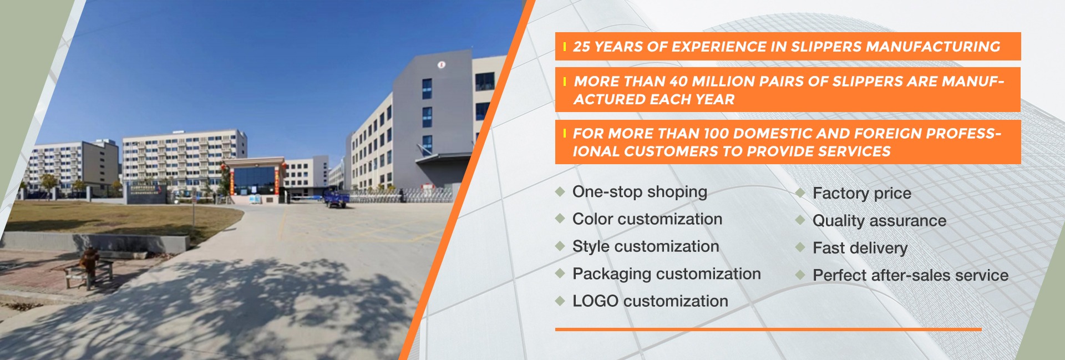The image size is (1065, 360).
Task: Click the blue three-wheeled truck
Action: click(x=336, y=199)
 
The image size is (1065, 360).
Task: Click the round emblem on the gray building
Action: click(x=442, y=65)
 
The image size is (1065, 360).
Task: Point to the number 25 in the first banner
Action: click(x=581, y=47)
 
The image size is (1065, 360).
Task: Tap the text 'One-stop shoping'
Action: click(x=640, y=192)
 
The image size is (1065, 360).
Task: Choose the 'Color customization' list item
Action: click(x=647, y=219)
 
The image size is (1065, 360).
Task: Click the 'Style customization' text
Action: click(x=646, y=246)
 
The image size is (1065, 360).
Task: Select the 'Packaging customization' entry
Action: click(x=667, y=274)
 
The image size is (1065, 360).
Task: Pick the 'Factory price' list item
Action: click(x=862, y=194)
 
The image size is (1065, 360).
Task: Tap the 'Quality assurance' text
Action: click(x=879, y=221)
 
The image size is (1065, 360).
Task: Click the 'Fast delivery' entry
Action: click(x=860, y=248)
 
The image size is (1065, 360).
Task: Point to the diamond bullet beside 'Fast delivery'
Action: click(x=800, y=247)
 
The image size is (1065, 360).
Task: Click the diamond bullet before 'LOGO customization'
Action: click(x=560, y=301)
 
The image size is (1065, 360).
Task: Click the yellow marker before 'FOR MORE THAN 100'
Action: click(x=564, y=134)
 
